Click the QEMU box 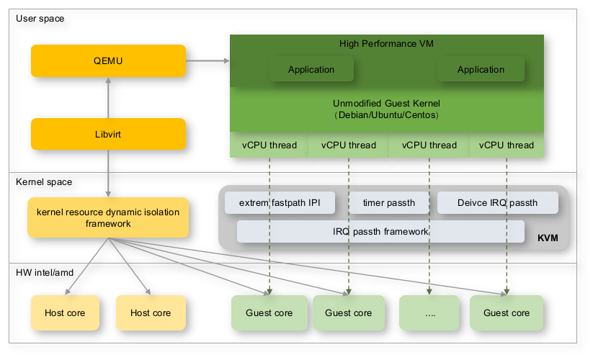point(108,60)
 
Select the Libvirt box point(108,134)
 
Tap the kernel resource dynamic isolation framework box point(108,217)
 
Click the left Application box point(311,69)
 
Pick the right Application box point(481,69)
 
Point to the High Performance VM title point(386,44)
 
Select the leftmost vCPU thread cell point(269,145)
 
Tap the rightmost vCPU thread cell point(507,145)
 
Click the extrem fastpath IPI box point(280,203)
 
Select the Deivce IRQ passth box point(497,203)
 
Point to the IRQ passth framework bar point(380,231)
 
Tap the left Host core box point(65,312)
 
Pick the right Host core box point(151,312)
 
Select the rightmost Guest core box point(507,312)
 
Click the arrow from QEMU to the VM point(207,61)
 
